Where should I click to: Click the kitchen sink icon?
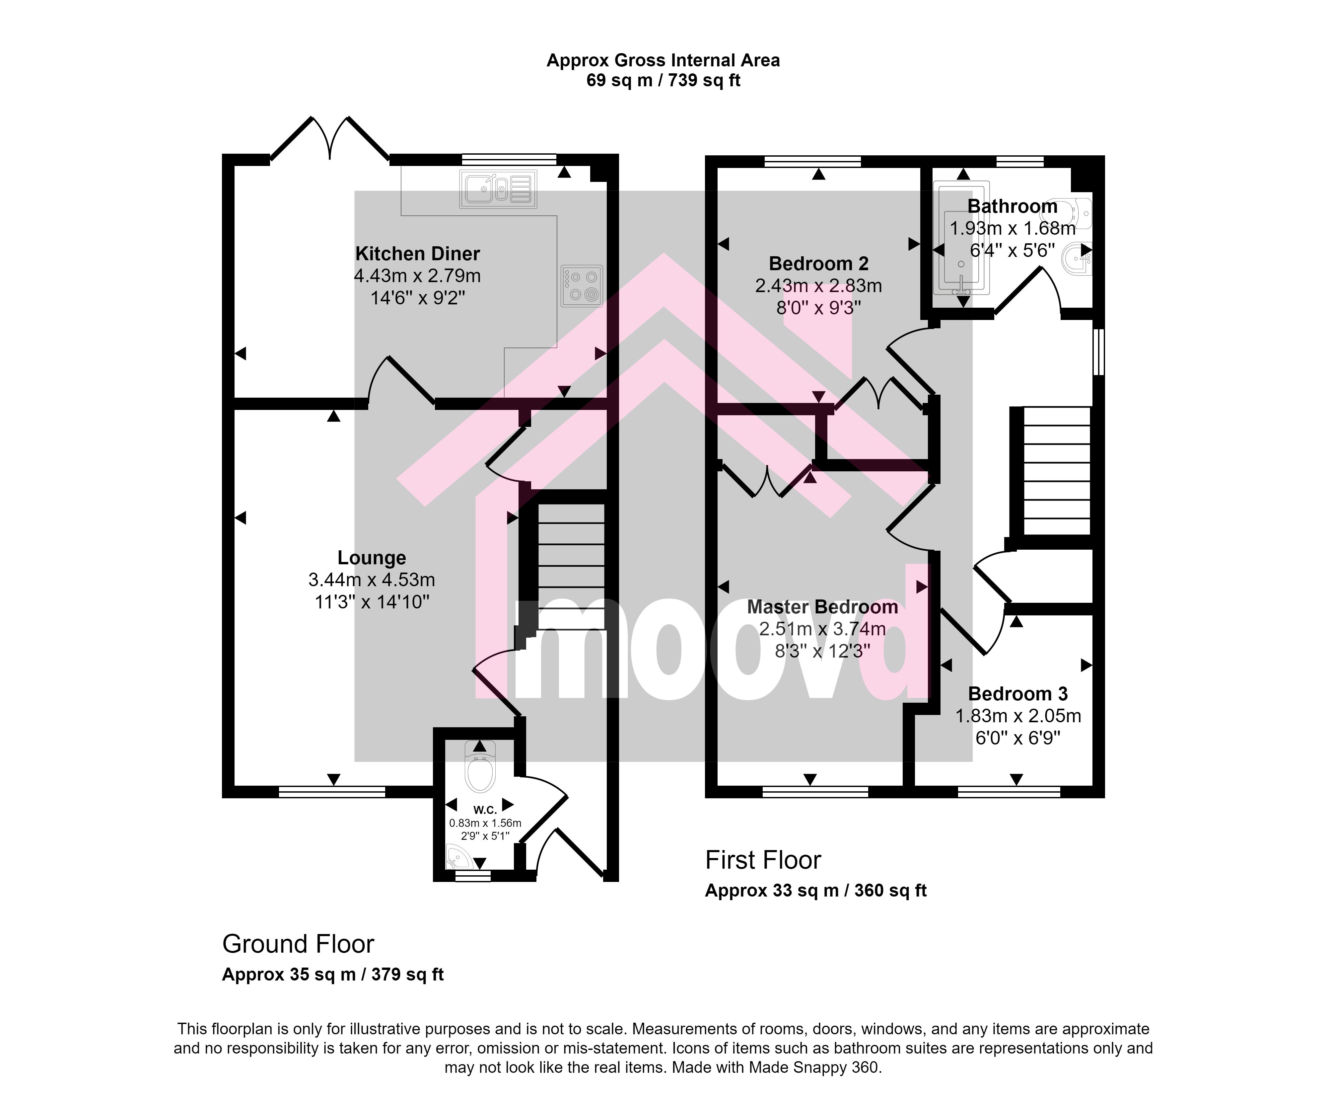pos(498,189)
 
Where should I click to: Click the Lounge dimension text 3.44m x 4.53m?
pos(372,580)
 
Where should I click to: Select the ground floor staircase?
pos(571,566)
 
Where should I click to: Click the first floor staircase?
pos(1057,471)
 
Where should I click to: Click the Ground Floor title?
pos(298,944)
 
